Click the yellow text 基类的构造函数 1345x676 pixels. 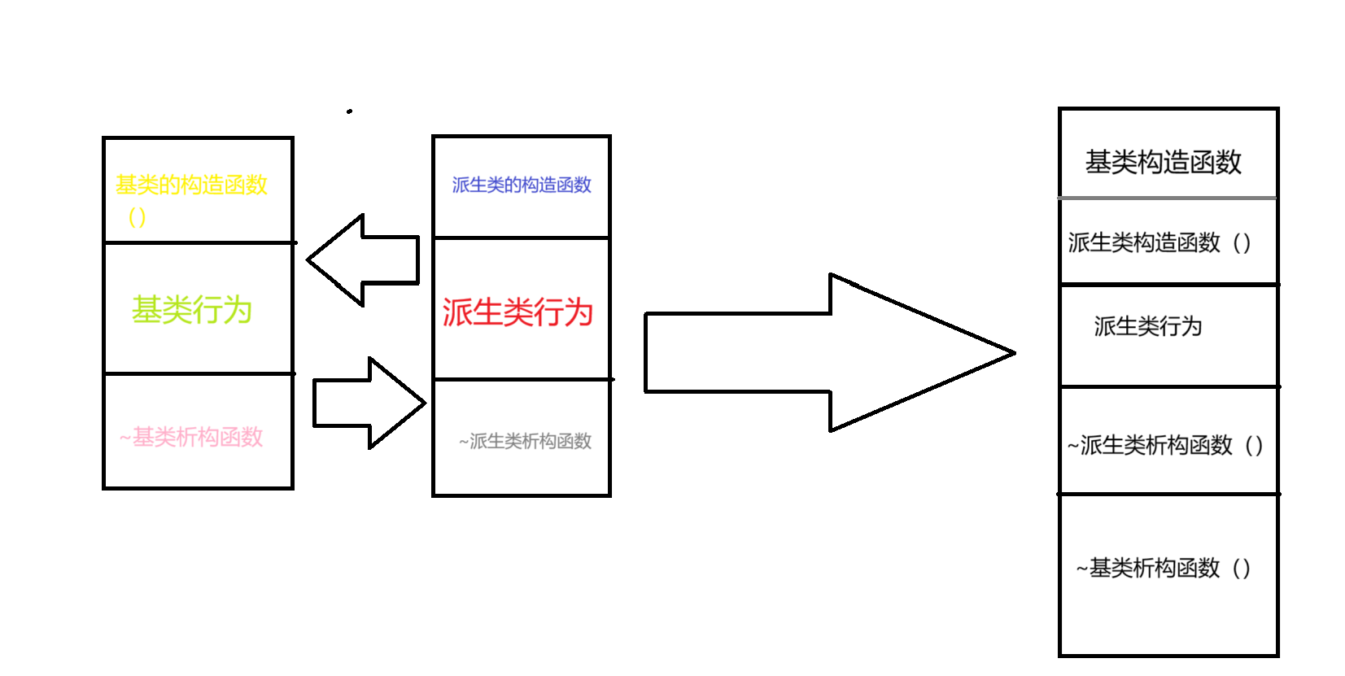coord(191,185)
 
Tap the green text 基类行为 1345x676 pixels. coord(192,310)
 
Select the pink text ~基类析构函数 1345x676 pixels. coord(191,438)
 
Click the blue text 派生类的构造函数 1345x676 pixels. coord(522,185)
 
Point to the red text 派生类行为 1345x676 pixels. coord(517,312)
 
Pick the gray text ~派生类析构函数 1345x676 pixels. coord(525,442)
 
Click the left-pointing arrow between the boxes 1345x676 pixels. coord(363,260)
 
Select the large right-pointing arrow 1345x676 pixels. coord(830,353)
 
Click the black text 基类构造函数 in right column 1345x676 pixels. coord(1163,162)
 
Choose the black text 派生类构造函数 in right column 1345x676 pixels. coord(1144,242)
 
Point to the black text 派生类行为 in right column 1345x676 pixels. coord(1147,326)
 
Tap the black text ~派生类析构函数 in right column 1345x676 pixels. coord(1150,445)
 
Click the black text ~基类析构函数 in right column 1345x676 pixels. coord(1147,568)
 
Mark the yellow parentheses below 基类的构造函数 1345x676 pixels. coord(137,217)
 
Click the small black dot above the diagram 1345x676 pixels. coord(349,111)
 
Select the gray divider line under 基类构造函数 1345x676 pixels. coord(1168,198)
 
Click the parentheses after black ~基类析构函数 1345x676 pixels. coord(1242,568)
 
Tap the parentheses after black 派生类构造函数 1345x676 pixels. coord(1242,242)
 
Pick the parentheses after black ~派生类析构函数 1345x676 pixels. coord(1254,445)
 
